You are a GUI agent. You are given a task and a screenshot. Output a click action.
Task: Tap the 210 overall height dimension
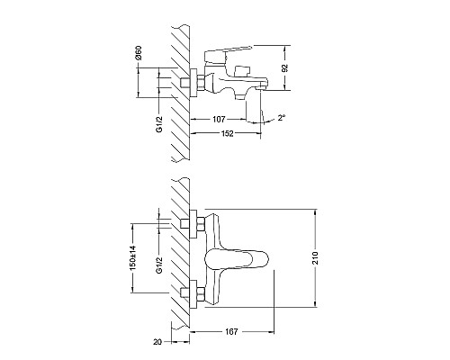pyautogui.click(x=324, y=257)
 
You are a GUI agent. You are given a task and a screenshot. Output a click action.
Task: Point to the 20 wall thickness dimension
pyautogui.click(x=158, y=342)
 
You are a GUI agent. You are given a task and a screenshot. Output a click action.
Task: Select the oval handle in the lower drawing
pyautogui.click(x=237, y=259)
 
